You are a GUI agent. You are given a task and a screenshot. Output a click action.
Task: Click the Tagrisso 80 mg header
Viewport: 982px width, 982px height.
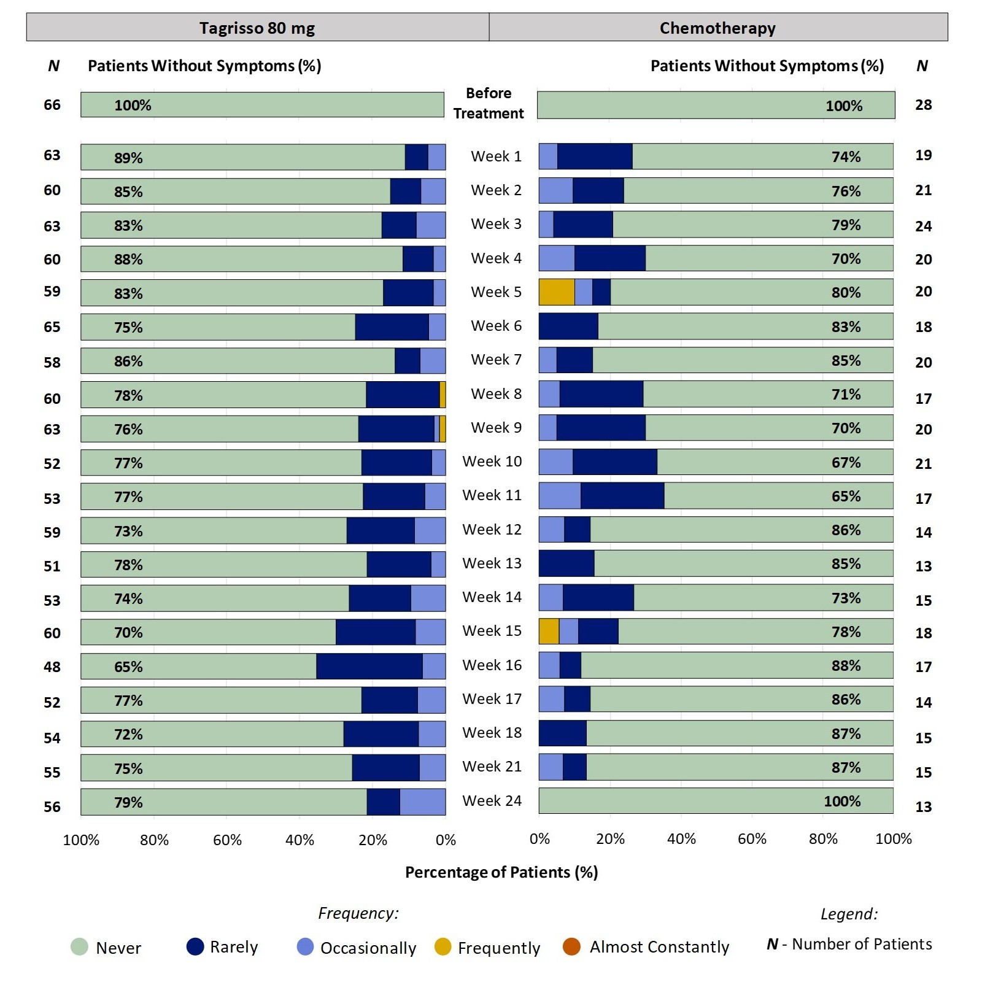[257, 28]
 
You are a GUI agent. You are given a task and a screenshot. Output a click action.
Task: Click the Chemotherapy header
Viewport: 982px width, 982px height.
[717, 28]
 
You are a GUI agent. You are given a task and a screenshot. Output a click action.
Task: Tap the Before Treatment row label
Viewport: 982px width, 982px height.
[489, 103]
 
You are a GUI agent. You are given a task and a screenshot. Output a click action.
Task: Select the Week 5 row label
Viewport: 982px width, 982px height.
[496, 292]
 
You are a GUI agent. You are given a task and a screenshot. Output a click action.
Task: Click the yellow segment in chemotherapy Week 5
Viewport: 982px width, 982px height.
[557, 292]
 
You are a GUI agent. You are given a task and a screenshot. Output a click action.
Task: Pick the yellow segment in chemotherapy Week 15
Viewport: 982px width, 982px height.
[549, 632]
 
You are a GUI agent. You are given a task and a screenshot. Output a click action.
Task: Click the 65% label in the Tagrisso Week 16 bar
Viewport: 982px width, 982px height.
[128, 667]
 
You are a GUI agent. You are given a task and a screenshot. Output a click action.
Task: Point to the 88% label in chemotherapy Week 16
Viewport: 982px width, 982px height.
[846, 666]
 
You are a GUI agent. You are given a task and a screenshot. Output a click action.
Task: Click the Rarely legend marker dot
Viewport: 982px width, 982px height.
[195, 947]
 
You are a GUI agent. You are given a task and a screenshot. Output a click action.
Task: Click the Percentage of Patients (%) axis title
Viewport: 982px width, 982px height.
[501, 872]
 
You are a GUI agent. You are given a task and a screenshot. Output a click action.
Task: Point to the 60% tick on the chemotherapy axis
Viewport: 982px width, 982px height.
[752, 839]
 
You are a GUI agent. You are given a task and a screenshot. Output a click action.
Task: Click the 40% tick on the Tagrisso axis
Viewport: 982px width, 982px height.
[300, 840]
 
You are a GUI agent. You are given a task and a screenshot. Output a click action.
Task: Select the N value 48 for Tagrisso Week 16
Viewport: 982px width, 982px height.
[52, 667]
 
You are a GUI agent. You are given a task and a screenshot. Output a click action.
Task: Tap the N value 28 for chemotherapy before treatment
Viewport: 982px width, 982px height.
[923, 105]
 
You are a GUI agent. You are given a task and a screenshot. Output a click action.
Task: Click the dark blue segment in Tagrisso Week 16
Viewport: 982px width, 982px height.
[369, 667]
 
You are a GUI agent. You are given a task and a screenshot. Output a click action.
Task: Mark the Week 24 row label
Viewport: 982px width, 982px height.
[492, 801]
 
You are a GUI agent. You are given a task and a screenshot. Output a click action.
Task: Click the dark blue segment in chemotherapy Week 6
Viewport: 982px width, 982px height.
[568, 327]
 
